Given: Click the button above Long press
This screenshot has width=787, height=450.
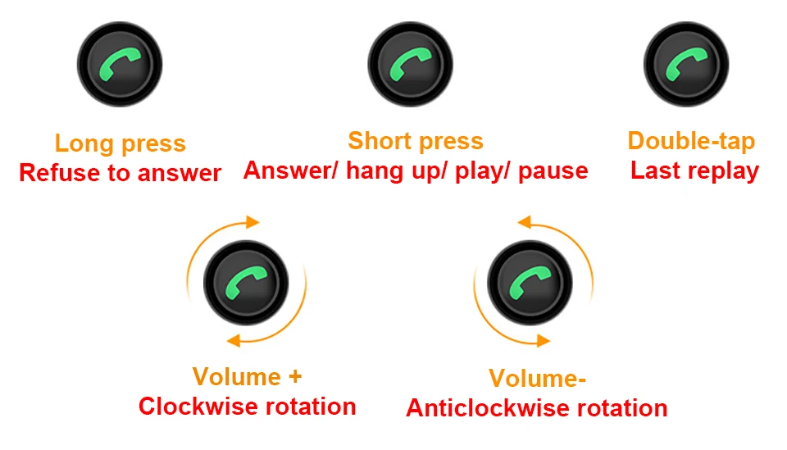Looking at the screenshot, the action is pyautogui.click(x=120, y=64).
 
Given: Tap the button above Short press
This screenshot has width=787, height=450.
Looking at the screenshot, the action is pyautogui.click(x=410, y=64).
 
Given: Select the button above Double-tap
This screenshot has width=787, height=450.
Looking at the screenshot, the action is pyautogui.click(x=686, y=64).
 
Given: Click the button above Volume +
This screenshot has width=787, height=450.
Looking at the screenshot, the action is pyautogui.click(x=246, y=283).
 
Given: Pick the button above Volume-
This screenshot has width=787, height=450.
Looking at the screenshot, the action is pyautogui.click(x=530, y=283).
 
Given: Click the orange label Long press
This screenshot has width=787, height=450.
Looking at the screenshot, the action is pyautogui.click(x=121, y=143).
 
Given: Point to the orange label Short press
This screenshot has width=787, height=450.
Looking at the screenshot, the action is pyautogui.click(x=416, y=141).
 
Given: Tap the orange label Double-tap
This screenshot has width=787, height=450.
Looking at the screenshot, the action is pyautogui.click(x=691, y=141).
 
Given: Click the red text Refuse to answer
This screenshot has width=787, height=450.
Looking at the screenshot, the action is pyautogui.click(x=120, y=173).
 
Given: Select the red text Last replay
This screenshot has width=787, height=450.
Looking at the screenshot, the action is pyautogui.click(x=694, y=170).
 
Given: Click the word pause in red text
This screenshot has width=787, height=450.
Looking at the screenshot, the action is pyautogui.click(x=553, y=171).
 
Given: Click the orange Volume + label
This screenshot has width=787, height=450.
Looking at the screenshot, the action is pyautogui.click(x=247, y=377).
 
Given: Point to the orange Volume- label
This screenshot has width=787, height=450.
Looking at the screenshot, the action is pyautogui.click(x=537, y=378).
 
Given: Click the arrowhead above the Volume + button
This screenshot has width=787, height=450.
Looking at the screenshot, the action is pyautogui.click(x=253, y=222).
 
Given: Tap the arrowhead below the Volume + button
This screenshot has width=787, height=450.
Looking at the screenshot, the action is pyautogui.click(x=234, y=341).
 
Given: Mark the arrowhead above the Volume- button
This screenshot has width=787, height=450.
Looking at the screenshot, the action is pyautogui.click(x=524, y=222).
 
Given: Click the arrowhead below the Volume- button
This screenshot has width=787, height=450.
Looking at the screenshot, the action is pyautogui.click(x=544, y=341).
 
